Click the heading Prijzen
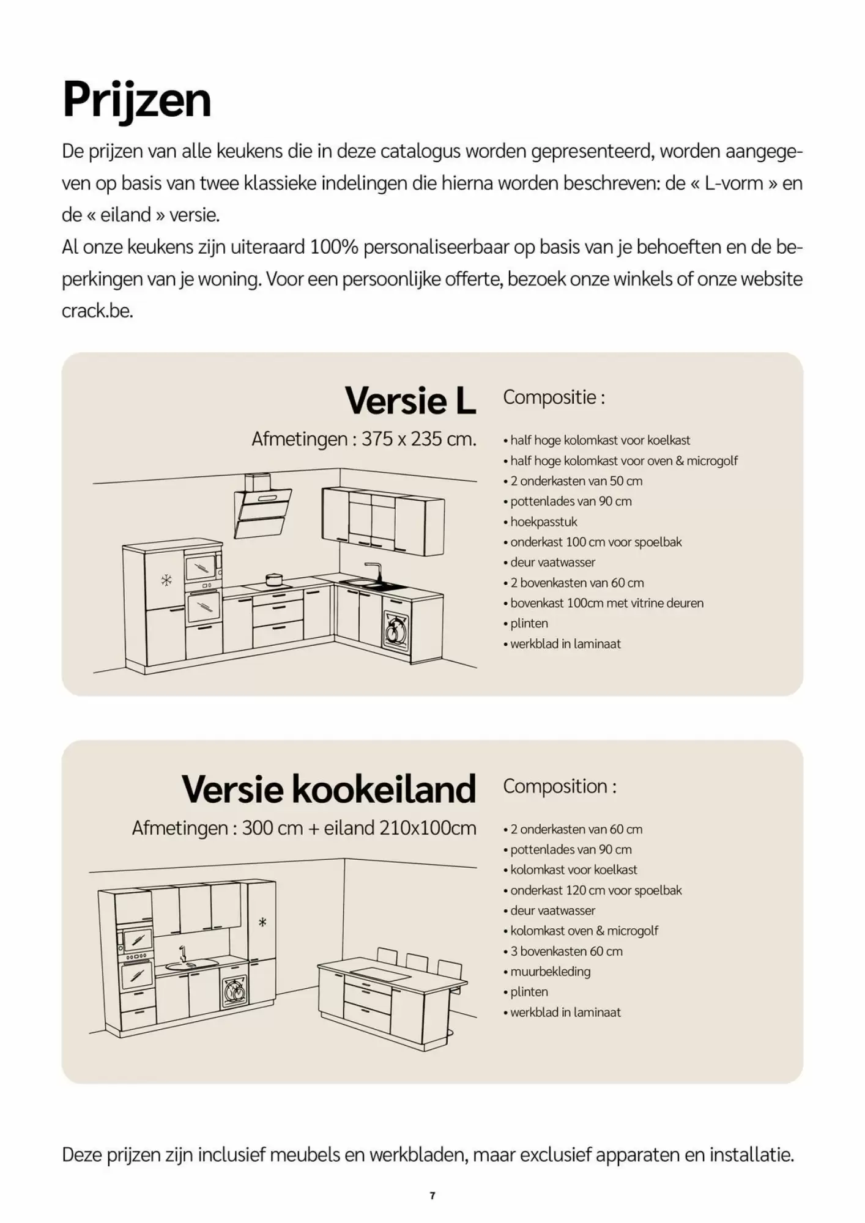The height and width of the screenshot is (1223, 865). [x=136, y=100]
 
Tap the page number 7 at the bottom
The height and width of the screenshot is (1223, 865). [x=432, y=1195]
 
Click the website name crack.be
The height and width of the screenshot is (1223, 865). [x=97, y=311]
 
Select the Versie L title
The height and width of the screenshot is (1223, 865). [x=410, y=401]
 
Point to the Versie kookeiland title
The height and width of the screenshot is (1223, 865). [x=329, y=789]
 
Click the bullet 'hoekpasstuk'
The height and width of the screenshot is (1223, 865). [x=543, y=522]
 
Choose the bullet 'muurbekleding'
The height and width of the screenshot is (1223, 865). [x=550, y=971]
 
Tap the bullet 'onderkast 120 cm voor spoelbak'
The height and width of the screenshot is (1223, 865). [x=595, y=890]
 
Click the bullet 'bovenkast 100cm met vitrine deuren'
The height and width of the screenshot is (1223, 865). [x=606, y=603]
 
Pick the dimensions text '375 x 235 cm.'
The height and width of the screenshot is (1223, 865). [x=418, y=439]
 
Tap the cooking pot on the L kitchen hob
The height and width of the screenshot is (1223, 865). [x=273, y=578]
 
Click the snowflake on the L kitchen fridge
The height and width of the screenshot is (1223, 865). [x=166, y=580]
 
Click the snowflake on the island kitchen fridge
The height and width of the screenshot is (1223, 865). [x=262, y=922]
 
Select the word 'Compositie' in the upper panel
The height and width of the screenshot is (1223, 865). [x=550, y=397]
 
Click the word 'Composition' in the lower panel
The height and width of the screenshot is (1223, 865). [x=555, y=786]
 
